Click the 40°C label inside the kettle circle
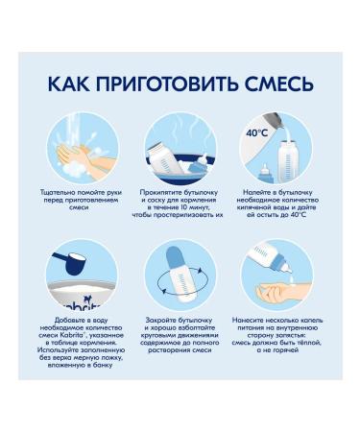click(x=256, y=133)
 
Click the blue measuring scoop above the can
click(x=71, y=262)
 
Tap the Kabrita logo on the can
click(x=80, y=305)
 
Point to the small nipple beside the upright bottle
click(x=264, y=174)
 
